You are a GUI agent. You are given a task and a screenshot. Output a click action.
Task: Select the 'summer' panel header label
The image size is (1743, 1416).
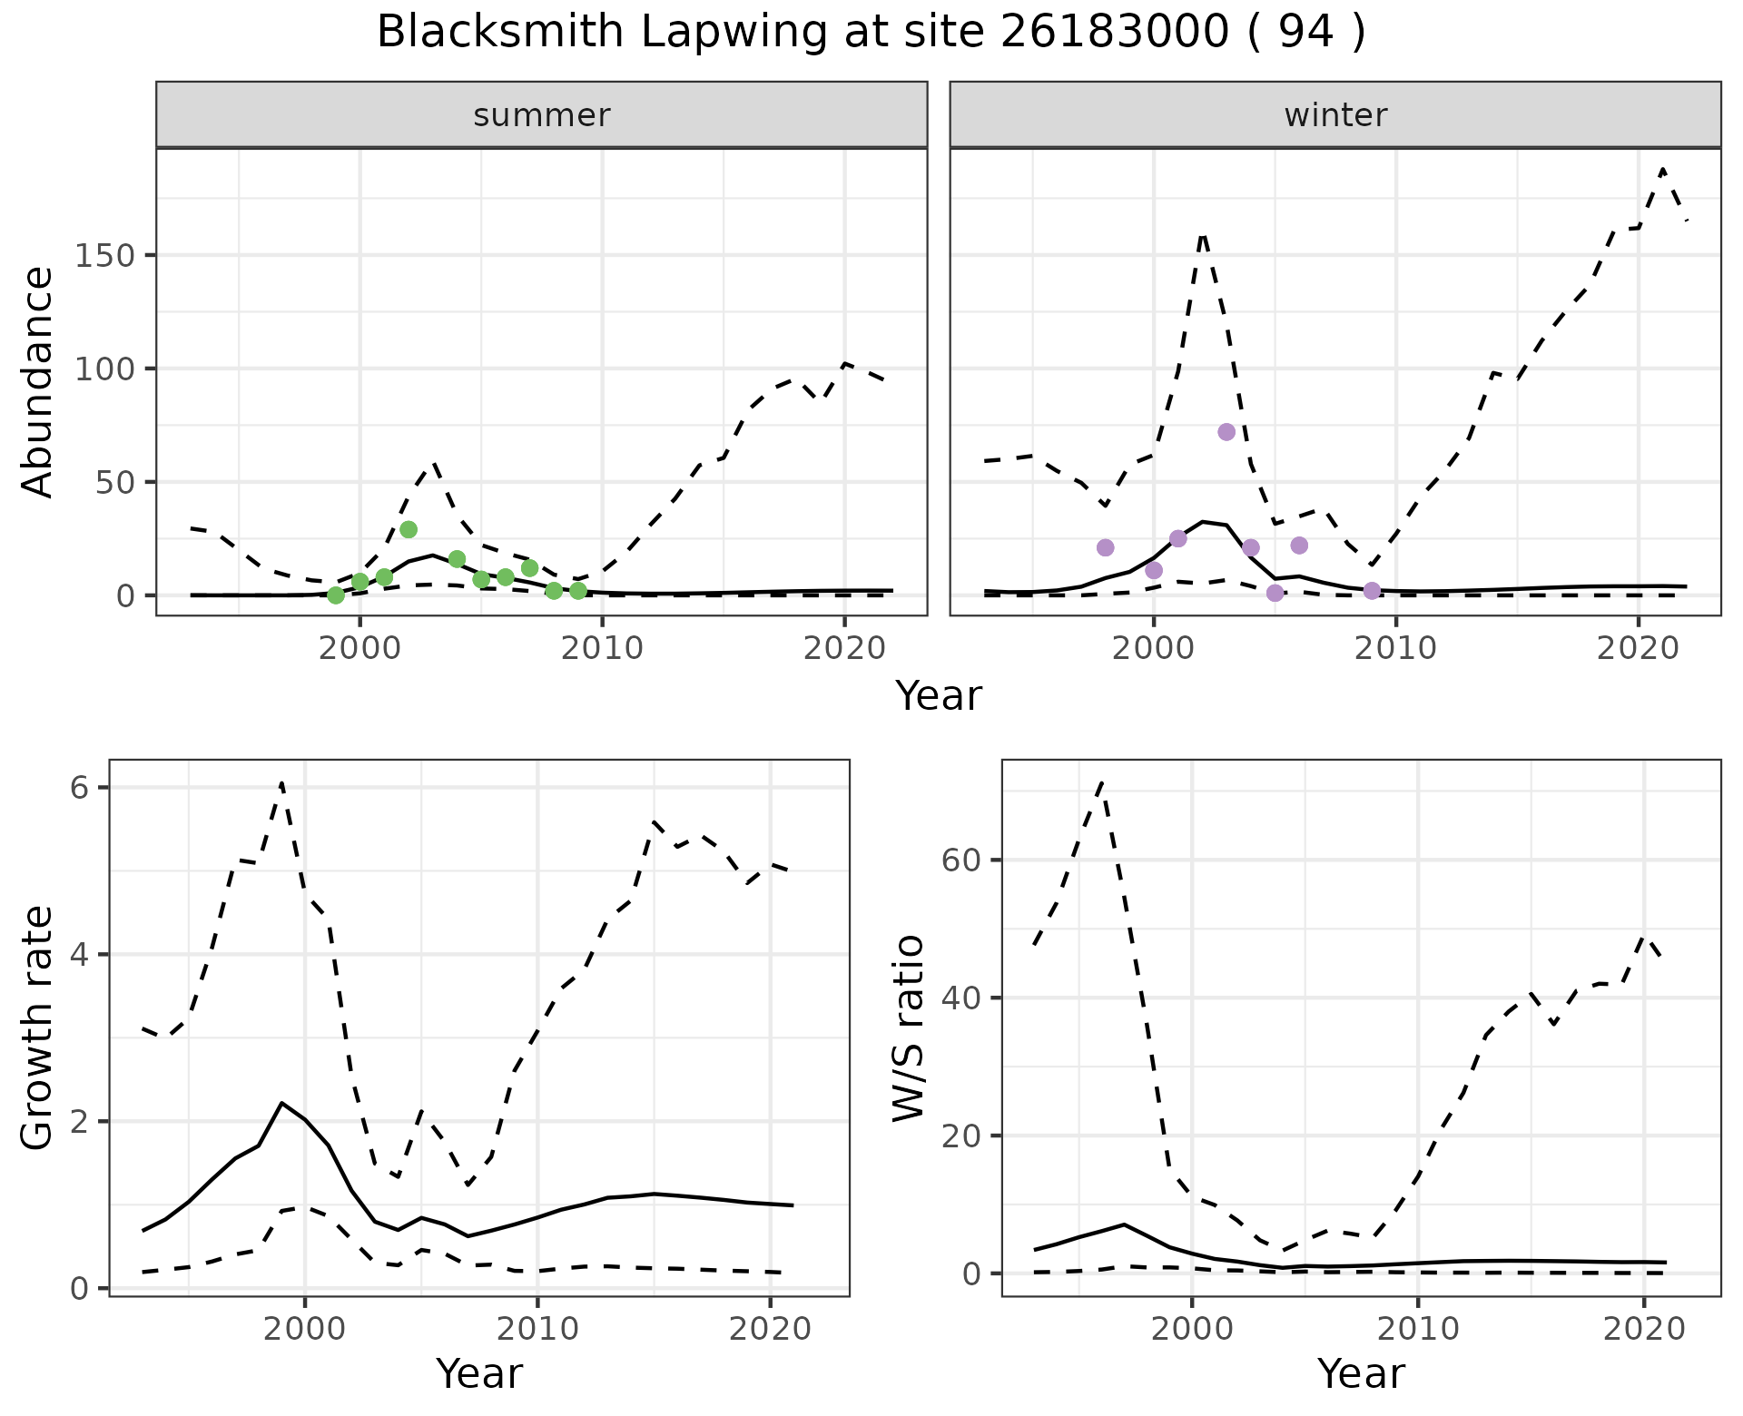click(542, 115)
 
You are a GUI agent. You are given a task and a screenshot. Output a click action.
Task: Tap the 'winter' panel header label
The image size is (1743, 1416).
click(1335, 115)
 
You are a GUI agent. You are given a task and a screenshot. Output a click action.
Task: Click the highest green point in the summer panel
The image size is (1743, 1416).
click(409, 529)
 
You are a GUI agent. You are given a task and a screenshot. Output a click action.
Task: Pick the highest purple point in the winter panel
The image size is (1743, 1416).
click(1226, 432)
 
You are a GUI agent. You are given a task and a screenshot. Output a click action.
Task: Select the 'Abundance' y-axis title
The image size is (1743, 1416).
click(38, 381)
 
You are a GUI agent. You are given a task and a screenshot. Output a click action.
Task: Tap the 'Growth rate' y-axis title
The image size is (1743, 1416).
click(38, 1028)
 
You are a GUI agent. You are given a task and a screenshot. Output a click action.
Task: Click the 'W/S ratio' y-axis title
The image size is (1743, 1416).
click(908, 1028)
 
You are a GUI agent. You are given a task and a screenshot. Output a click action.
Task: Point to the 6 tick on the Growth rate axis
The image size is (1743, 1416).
click(80, 788)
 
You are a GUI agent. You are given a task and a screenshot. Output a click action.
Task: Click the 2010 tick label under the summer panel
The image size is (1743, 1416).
click(602, 648)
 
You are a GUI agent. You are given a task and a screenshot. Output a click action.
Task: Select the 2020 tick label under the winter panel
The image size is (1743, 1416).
click(1639, 648)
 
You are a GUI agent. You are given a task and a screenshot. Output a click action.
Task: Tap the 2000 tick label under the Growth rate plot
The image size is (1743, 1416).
click(305, 1330)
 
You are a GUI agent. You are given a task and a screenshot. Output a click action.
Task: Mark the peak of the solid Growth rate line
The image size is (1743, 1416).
click(282, 1102)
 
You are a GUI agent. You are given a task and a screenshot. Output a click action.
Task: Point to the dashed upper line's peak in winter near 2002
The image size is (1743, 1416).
click(1203, 236)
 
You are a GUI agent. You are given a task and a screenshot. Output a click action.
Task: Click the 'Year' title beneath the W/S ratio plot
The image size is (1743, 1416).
click(1361, 1373)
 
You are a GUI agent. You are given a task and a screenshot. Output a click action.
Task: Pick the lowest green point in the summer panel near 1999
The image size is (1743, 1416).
click(336, 595)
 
